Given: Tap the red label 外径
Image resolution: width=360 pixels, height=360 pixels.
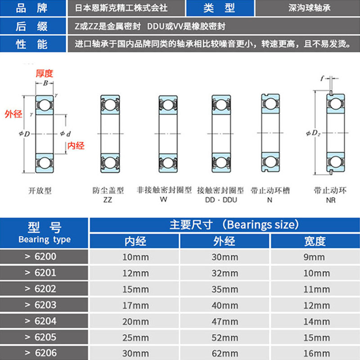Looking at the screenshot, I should [13, 114].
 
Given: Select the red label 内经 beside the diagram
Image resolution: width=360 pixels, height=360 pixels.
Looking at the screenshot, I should [76, 145].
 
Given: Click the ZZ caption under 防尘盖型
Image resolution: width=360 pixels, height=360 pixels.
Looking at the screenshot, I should [108, 199].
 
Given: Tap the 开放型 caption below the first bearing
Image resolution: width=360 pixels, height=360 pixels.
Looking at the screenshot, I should [40, 191].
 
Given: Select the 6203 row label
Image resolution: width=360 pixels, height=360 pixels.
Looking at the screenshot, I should [45, 305].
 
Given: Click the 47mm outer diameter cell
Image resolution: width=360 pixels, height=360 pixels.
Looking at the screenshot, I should [225, 321].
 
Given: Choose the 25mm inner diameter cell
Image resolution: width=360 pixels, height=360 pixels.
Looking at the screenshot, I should [135, 337].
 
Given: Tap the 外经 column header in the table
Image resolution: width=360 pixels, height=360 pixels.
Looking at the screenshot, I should [225, 241].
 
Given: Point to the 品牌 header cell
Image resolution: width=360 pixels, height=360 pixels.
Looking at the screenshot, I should [31, 8].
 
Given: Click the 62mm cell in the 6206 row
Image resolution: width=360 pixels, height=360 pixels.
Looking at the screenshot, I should [225, 353].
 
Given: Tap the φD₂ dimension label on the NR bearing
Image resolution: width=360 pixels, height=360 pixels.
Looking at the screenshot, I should [313, 133].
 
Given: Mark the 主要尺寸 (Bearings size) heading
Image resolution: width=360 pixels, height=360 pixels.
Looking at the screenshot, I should [234, 225].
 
